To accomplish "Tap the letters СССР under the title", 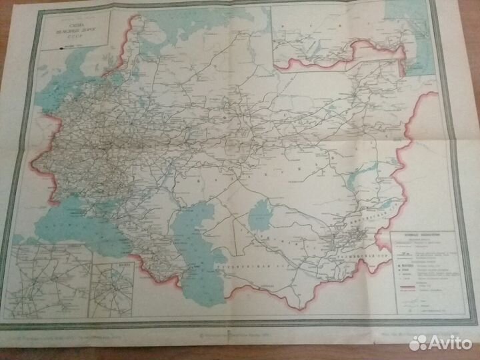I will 73,35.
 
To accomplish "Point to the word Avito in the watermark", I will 450,342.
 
